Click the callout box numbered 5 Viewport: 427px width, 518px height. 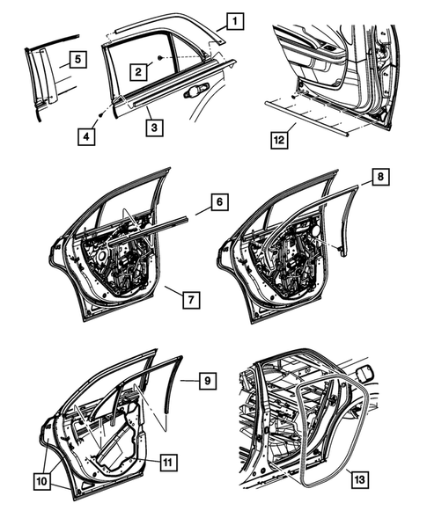click(77, 60)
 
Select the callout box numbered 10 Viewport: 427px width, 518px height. click(42, 482)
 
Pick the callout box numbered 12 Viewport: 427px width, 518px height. click(278, 139)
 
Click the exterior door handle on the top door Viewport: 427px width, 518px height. click(196, 91)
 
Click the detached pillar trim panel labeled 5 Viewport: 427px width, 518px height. click(43, 79)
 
